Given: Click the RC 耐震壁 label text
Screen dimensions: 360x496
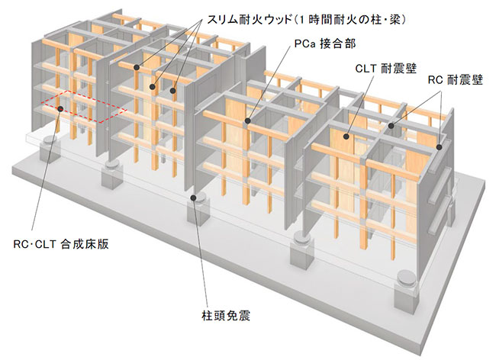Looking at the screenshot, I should pos(455,79).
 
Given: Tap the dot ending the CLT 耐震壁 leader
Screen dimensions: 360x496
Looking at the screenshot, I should pos(345,137).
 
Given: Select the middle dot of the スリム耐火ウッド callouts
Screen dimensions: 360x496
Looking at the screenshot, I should pos(153,86).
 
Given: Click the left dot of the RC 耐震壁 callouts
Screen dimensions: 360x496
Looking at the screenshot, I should pos(390,125).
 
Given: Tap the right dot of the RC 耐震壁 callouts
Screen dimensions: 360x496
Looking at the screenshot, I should pos(440,143).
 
